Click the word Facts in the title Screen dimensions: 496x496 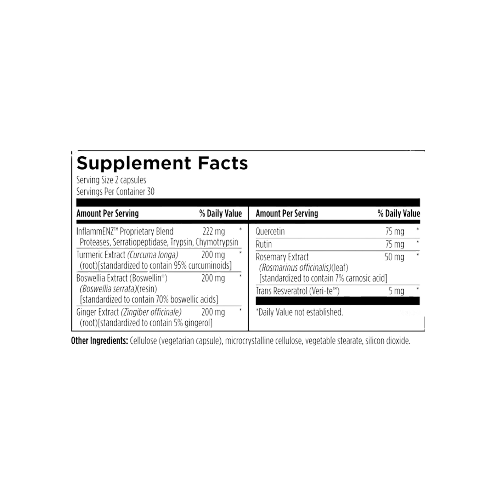pyautogui.click(x=222, y=163)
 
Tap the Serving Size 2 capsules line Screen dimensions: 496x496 pyautogui.click(x=111, y=180)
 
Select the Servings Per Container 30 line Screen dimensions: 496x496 pyautogui.click(x=115, y=192)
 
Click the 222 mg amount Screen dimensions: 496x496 pyautogui.click(x=214, y=232)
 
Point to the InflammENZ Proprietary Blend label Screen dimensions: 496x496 pyautogui.click(x=125, y=232)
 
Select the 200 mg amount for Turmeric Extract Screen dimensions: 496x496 pyautogui.click(x=213, y=255)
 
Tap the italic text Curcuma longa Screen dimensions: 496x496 pyautogui.click(x=153, y=255)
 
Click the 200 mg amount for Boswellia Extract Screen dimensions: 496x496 pyautogui.click(x=213, y=278)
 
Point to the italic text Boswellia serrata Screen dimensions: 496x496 pyautogui.click(x=108, y=289)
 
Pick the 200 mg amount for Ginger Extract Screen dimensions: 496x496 pyautogui.click(x=213, y=312)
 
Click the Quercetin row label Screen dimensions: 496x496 pyautogui.click(x=270, y=232)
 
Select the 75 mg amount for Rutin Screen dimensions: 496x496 pyautogui.click(x=395, y=244)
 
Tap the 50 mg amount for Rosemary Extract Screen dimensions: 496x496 pyautogui.click(x=394, y=257)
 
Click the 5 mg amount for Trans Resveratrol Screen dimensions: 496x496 pyautogui.click(x=396, y=291)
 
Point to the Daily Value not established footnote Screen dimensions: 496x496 pyautogui.click(x=299, y=312)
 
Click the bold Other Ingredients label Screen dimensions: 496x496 pyautogui.click(x=99, y=341)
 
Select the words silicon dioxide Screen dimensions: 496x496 pyautogui.click(x=388, y=341)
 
